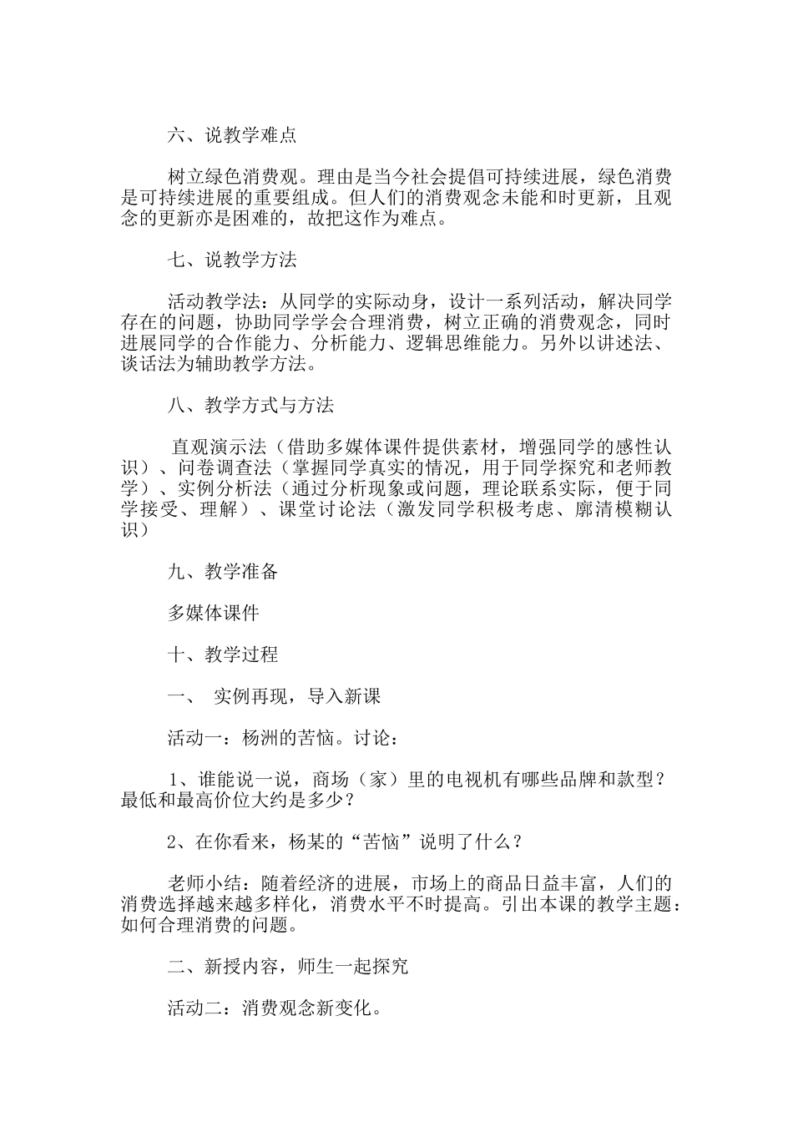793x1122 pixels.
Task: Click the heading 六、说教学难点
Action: (232, 135)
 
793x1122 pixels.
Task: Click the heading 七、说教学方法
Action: (232, 260)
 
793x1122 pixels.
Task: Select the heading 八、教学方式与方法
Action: (250, 405)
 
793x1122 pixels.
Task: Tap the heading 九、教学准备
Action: (223, 571)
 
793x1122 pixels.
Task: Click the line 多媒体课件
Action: (214, 613)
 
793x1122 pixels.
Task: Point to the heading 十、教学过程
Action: (223, 654)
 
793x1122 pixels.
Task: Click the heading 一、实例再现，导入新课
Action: (275, 695)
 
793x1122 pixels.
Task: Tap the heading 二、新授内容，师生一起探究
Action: (288, 966)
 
